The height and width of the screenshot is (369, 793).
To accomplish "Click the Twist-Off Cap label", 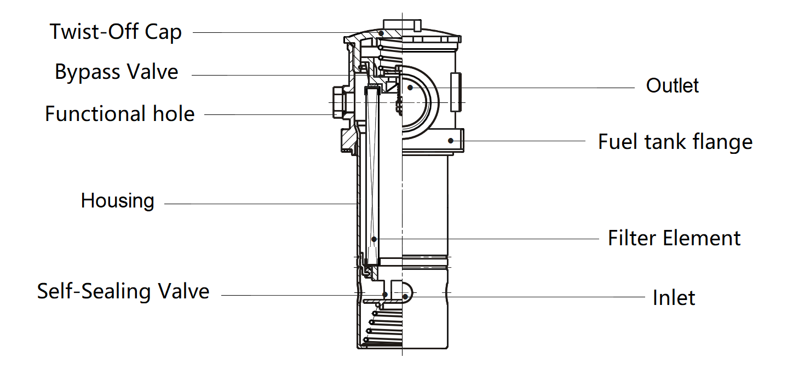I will (x=116, y=32).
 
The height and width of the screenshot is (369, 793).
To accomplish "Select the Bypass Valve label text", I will (x=117, y=72).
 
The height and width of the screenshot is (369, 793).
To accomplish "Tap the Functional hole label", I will (x=119, y=114).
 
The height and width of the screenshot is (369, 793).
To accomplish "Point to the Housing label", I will (x=118, y=200).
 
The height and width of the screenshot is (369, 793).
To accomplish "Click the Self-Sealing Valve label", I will (x=123, y=291).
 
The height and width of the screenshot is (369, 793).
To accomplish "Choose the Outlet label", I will (x=673, y=86).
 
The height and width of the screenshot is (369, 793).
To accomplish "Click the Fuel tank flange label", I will (x=675, y=142).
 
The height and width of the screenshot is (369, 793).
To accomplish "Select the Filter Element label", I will (x=674, y=238).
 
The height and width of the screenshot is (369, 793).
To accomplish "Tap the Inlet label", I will (x=674, y=298).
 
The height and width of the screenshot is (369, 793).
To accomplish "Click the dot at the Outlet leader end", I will (x=409, y=88).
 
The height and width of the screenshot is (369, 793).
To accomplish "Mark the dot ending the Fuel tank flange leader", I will (x=451, y=141).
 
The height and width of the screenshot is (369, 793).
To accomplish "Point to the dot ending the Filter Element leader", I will (x=374, y=239).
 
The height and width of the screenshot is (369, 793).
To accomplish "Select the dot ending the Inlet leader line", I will (x=405, y=296).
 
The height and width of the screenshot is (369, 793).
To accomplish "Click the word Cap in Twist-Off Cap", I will (x=163, y=32).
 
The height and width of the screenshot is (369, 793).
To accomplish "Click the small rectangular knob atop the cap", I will (x=401, y=25).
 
